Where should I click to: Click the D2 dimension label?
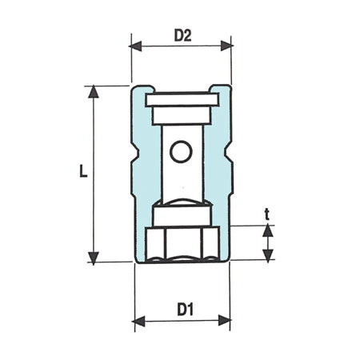coord(182,35)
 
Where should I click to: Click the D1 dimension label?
coord(185,310)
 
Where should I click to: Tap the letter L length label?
coord(83,171)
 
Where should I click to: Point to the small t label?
coord(267,215)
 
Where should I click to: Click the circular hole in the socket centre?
coord(181,152)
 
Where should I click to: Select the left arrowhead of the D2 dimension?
coord(135,46)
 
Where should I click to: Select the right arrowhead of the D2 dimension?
coord(226,46)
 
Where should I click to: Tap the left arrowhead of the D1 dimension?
coord(138,321)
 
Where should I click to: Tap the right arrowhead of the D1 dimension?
coord(225,320)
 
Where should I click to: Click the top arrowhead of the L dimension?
coord(93,92)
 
